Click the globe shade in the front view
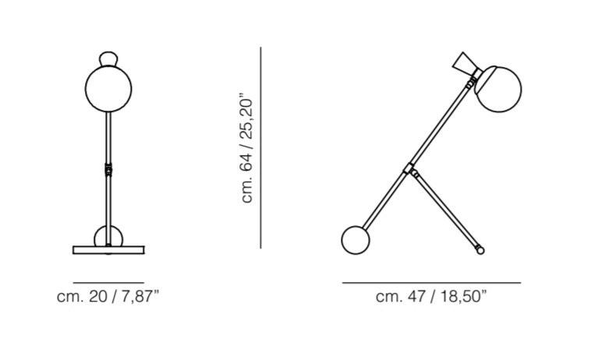108,89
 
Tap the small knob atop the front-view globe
108,58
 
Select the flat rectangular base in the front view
108,250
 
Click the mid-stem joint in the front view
108,169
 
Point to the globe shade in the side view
498,90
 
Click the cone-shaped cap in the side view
466,64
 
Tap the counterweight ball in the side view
356,240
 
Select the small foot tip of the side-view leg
480,250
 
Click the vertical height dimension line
260,148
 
